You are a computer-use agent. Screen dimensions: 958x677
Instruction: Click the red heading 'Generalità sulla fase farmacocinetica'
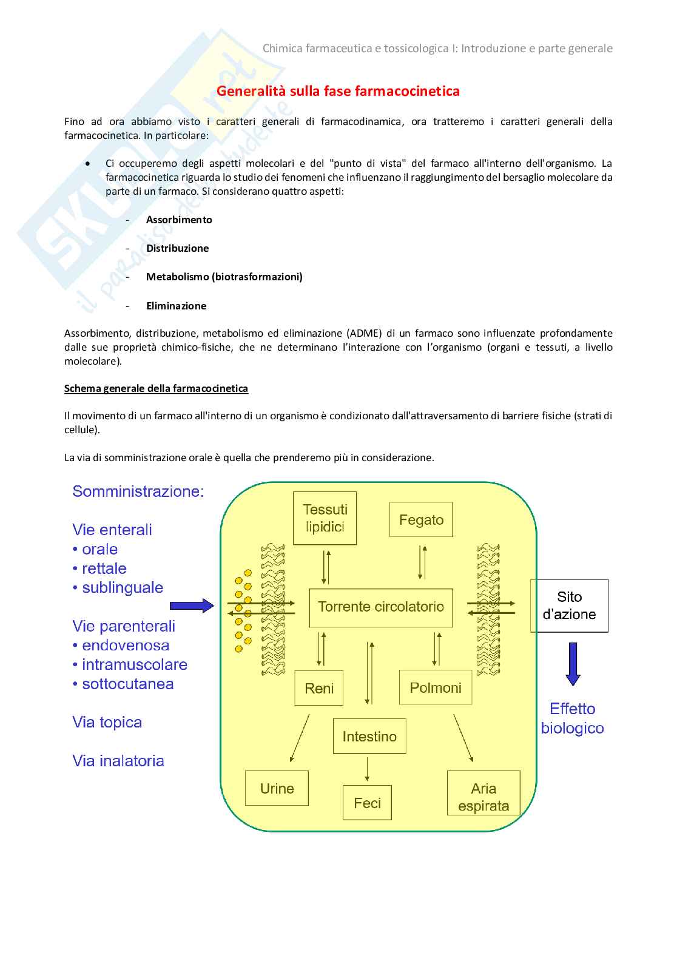click(x=338, y=91)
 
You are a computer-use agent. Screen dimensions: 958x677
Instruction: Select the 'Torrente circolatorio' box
click(x=381, y=607)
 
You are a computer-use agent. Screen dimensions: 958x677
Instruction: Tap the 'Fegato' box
click(x=421, y=520)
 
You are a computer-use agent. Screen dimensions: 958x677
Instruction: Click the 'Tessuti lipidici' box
click(x=325, y=518)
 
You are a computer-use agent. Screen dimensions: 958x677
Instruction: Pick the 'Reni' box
click(x=319, y=688)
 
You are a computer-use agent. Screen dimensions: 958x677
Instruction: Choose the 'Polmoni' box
click(x=436, y=687)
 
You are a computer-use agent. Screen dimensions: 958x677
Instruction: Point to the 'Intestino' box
click(x=369, y=737)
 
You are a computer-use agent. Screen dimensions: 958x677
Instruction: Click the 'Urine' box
click(x=277, y=788)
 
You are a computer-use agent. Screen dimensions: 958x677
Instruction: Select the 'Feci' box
click(x=367, y=803)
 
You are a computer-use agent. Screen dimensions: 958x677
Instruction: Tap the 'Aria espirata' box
click(x=483, y=797)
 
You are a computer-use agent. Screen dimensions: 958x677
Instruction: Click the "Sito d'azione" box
click(x=569, y=605)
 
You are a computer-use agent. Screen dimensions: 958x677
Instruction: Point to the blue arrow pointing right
click(x=192, y=605)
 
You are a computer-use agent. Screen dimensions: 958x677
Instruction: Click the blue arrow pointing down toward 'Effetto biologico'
click(x=573, y=664)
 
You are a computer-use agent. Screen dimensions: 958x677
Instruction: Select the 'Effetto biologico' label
click(x=572, y=718)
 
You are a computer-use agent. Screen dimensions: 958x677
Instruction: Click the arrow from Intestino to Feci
click(x=367, y=769)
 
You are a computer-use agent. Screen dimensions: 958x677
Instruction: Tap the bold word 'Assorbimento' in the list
click(x=179, y=220)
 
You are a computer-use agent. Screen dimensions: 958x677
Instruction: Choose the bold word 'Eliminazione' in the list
click(x=176, y=306)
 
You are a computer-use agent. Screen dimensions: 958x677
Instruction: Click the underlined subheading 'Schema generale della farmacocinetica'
click(x=156, y=388)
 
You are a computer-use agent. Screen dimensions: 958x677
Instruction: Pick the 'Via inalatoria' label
click(x=118, y=761)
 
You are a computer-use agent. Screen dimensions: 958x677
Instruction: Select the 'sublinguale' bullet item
click(x=122, y=587)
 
